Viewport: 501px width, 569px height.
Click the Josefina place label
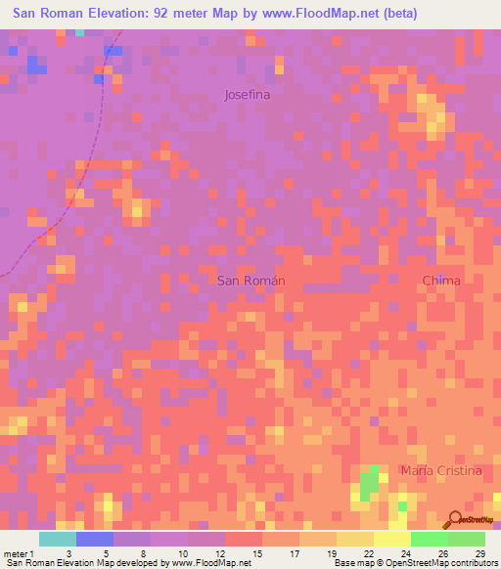pyautogui.click(x=247, y=96)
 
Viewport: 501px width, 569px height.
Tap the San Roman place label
pyautogui.click(x=250, y=281)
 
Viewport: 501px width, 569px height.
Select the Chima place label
pyautogui.click(x=440, y=281)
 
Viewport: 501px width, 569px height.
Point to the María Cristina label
pyautogui.click(x=441, y=471)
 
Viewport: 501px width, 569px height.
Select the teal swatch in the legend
pyautogui.click(x=58, y=539)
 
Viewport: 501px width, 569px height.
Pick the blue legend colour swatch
pyautogui.click(x=95, y=539)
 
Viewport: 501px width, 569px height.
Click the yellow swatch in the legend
pyautogui.click(x=392, y=539)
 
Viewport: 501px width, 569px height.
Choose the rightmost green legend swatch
pyautogui.click(x=467, y=539)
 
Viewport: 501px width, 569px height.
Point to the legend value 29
pyautogui.click(x=480, y=552)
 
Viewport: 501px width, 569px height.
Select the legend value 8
pyautogui.click(x=143, y=552)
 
